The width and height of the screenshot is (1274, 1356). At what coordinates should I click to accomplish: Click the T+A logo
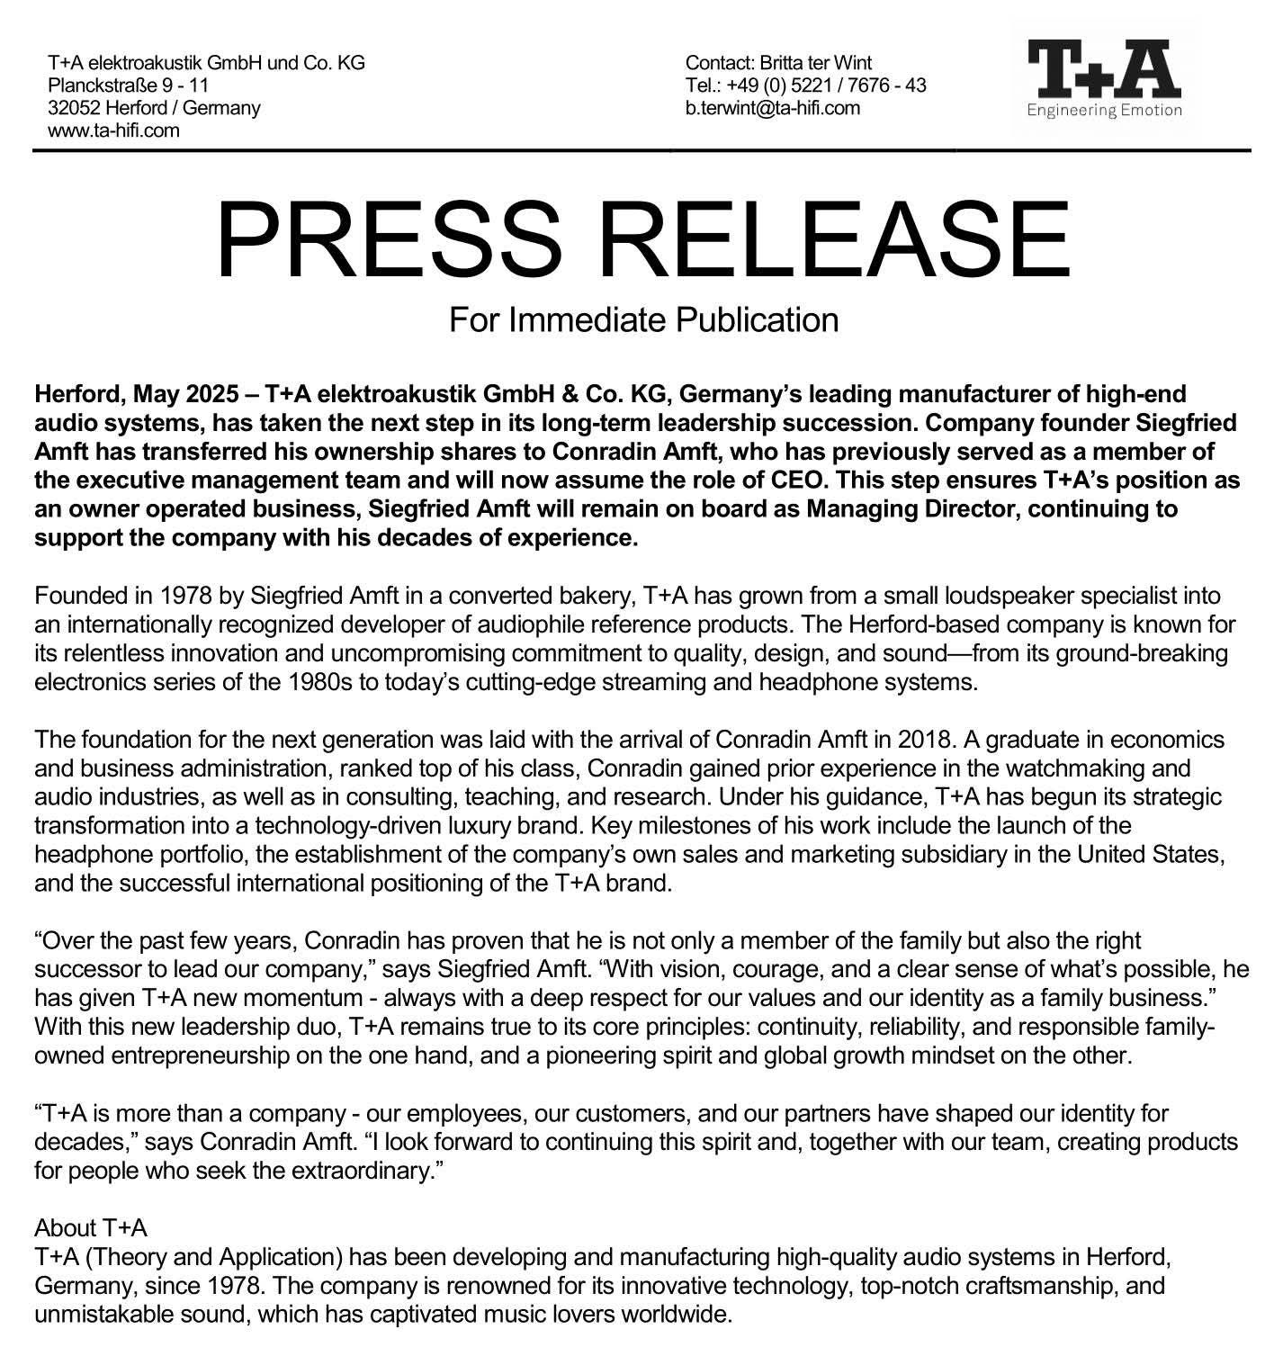(x=1104, y=68)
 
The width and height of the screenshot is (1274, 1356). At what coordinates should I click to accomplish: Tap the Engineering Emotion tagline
(x=1104, y=112)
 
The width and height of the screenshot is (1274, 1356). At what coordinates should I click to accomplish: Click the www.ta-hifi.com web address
(x=113, y=130)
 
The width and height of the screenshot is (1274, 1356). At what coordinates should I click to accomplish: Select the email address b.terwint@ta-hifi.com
(x=773, y=108)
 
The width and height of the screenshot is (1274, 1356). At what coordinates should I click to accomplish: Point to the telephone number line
(x=805, y=85)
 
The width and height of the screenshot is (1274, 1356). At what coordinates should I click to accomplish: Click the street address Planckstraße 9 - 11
(x=128, y=85)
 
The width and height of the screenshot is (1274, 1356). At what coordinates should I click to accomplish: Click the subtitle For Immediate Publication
(x=643, y=319)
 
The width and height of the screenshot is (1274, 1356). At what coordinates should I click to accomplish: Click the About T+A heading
(x=90, y=1228)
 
